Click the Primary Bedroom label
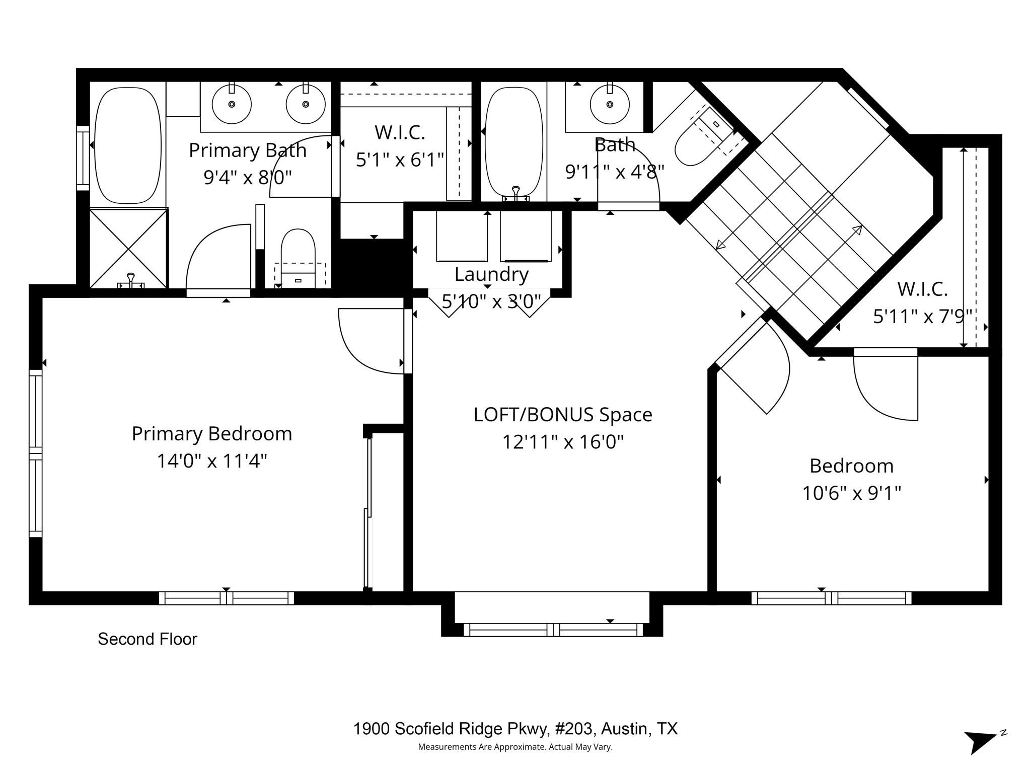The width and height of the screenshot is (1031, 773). (x=212, y=434)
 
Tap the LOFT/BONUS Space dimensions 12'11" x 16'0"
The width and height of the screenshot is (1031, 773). (x=563, y=442)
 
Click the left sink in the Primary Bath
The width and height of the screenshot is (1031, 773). (x=232, y=104)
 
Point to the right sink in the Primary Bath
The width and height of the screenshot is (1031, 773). (x=306, y=104)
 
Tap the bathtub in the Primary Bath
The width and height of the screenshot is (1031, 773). (x=128, y=145)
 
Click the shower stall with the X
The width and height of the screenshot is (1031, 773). (x=128, y=249)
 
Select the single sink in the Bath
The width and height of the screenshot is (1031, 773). (x=610, y=104)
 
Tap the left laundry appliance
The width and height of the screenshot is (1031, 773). (x=462, y=236)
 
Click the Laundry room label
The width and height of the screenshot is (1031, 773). (x=491, y=274)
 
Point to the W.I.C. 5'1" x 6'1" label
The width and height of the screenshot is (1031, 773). (x=400, y=146)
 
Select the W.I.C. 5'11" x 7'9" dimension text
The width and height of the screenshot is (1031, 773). (x=922, y=317)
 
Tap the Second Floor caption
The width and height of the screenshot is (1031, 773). (x=148, y=639)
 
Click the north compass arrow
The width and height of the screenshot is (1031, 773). (x=980, y=742)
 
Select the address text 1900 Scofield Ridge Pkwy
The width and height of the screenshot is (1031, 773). (x=515, y=728)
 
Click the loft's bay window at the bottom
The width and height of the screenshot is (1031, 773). (x=553, y=630)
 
